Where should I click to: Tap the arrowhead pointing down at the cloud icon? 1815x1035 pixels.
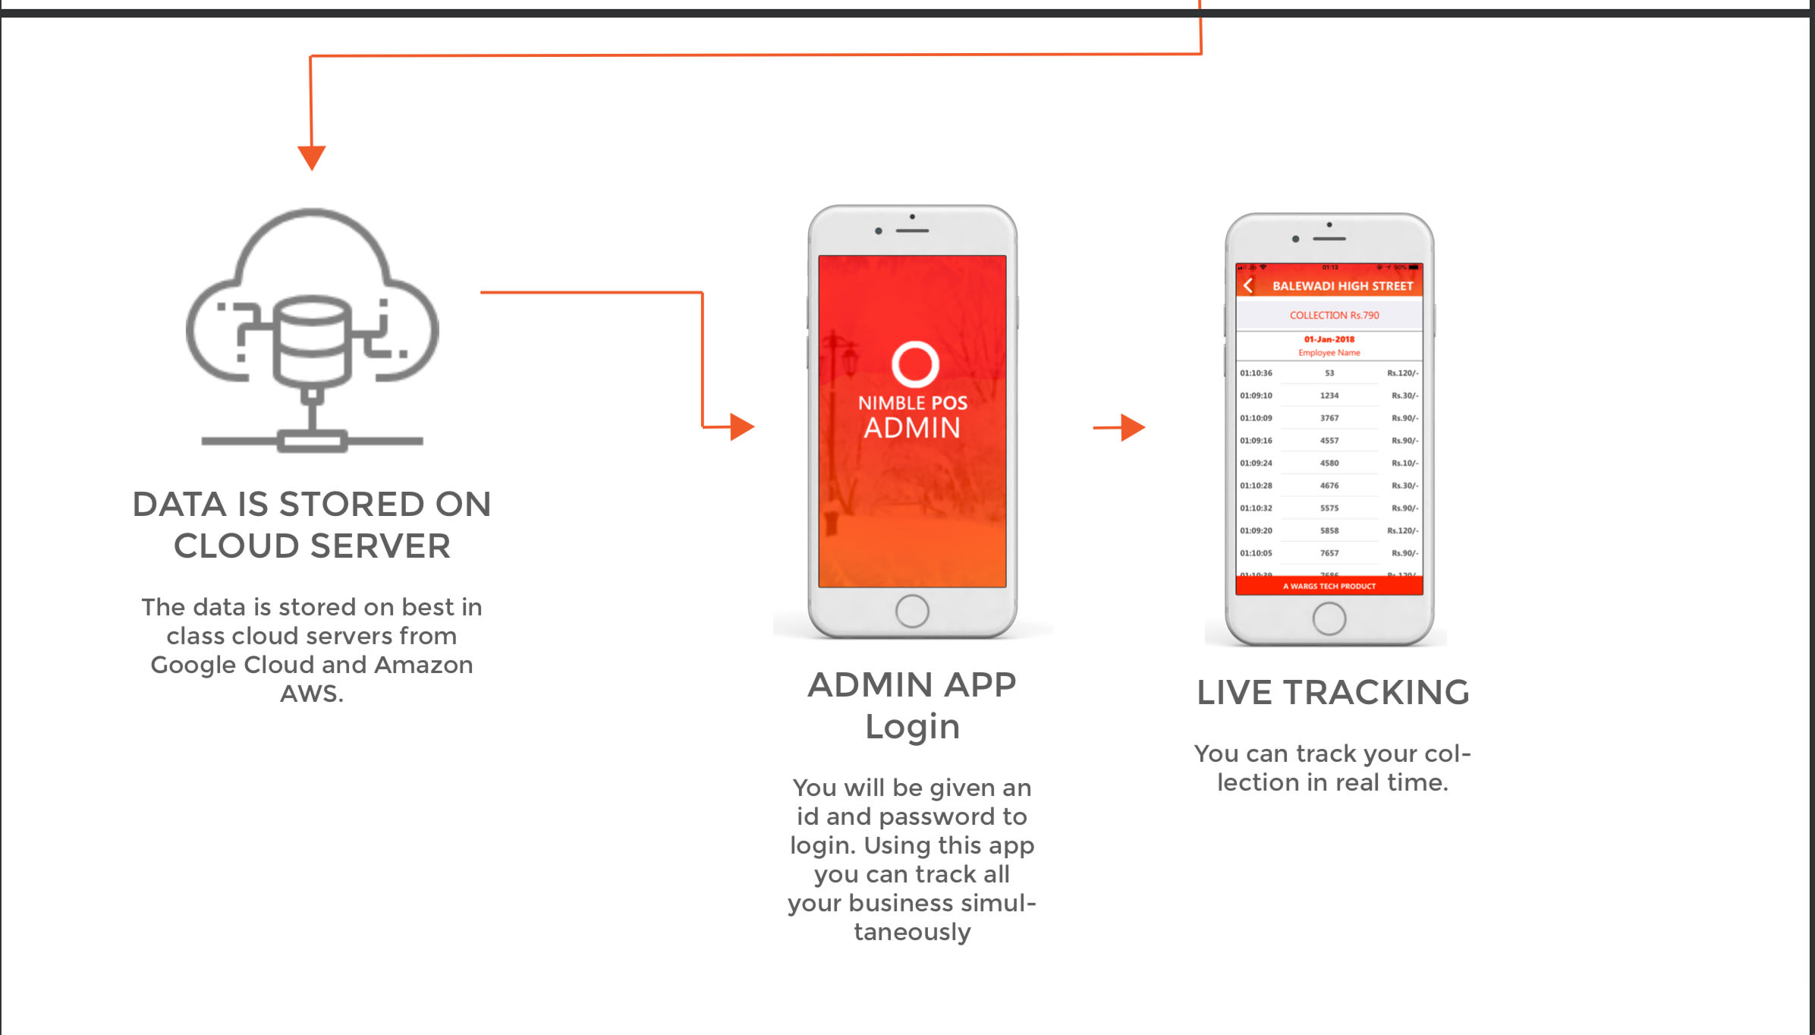pos(312,157)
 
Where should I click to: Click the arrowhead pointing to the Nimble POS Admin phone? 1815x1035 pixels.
pos(741,427)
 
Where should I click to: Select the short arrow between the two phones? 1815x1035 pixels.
pos(1120,428)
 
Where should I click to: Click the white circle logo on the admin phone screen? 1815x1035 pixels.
pos(915,364)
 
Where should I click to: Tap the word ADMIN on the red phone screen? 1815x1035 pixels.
pos(912,428)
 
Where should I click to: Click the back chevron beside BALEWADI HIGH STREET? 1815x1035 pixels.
pos(1248,286)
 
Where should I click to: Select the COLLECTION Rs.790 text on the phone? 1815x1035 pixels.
pos(1334,315)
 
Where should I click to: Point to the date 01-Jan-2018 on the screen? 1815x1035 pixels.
pos(1329,339)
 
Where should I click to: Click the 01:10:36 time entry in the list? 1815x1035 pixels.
pos(1256,373)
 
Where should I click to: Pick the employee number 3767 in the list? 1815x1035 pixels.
pos(1329,418)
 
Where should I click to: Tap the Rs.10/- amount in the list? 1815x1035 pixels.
pos(1404,463)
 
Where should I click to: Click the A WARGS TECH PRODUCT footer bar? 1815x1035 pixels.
pos(1329,586)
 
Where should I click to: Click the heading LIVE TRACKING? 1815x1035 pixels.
pos(1332,692)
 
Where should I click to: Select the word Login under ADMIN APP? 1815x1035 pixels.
pos(912,727)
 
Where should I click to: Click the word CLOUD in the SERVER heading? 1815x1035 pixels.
pos(237,546)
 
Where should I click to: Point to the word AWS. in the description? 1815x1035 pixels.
pos(312,694)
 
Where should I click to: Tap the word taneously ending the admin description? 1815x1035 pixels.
pos(912,932)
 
